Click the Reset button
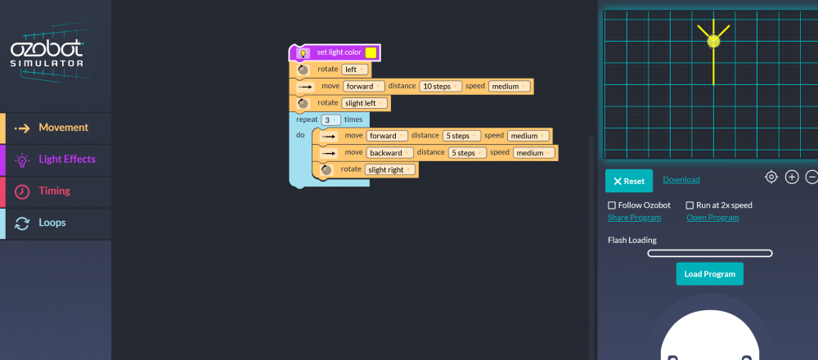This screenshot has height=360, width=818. (x=628, y=181)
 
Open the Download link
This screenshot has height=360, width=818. (x=681, y=180)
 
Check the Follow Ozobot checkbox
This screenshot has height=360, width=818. (x=612, y=205)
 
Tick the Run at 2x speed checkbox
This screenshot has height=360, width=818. (x=690, y=205)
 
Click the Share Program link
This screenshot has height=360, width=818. (x=635, y=218)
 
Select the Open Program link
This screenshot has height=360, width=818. (x=712, y=218)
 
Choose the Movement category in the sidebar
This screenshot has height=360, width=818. (x=56, y=128)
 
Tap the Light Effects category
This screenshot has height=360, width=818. (x=56, y=160)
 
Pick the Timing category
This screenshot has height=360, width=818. (x=56, y=191)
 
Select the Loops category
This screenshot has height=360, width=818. (x=56, y=223)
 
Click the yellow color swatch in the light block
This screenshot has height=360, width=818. (x=371, y=52)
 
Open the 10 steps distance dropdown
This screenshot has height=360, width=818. (x=440, y=87)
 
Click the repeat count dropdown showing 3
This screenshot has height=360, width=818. (x=330, y=120)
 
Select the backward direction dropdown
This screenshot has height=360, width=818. (x=389, y=153)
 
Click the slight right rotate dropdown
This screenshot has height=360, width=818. (x=390, y=169)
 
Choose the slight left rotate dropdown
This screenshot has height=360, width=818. (x=365, y=103)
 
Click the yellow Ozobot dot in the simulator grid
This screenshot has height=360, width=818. (x=713, y=41)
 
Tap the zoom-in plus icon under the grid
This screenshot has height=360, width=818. (x=792, y=178)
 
